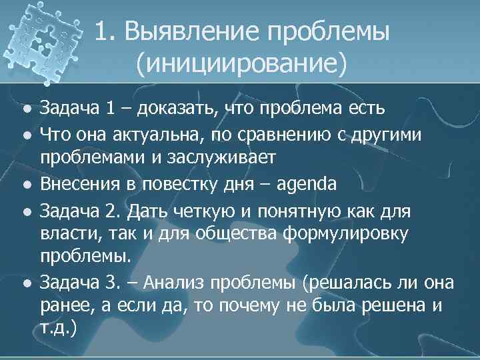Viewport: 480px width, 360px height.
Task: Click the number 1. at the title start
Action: pyautogui.click(x=105, y=33)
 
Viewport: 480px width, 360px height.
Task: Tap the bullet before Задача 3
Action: pyautogui.click(x=25, y=283)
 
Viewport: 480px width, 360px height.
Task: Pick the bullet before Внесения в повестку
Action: pyautogui.click(x=25, y=183)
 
